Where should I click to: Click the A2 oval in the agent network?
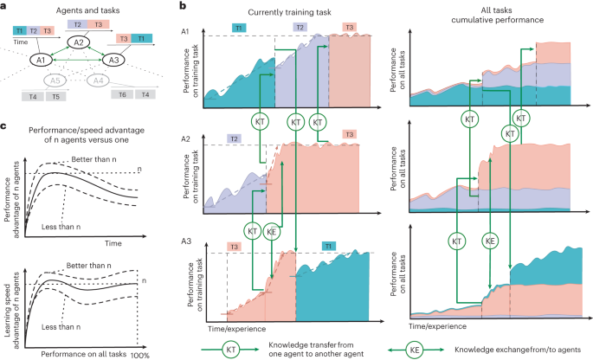pyautogui.click(x=78, y=42)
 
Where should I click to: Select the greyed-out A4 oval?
pyautogui.click(x=98, y=80)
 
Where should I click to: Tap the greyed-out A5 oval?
pyautogui.click(x=55, y=80)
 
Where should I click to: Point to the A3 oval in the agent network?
pyautogui.click(x=113, y=60)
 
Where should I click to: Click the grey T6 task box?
pyautogui.click(x=122, y=94)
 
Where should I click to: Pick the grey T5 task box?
pyautogui.click(x=56, y=96)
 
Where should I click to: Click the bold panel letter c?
pyautogui.click(x=3, y=125)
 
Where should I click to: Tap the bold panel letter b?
pyautogui.click(x=183, y=5)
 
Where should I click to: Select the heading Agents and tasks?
pyautogui.click(x=87, y=10)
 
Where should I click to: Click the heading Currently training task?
pyautogui.click(x=289, y=12)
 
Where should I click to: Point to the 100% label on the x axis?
pyautogui.click(x=140, y=355)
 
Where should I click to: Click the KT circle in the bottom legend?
pyautogui.click(x=230, y=350)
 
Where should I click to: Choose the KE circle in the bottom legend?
pyautogui.click(x=415, y=350)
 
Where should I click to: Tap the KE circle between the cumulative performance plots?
pyautogui.click(x=490, y=241)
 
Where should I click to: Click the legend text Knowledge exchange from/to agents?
pyautogui.click(x=518, y=350)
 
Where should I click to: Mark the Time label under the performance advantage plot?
pyautogui.click(x=113, y=243)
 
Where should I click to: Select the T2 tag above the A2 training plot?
pyautogui.click(x=234, y=138)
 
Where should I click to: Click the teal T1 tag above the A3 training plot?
pyautogui.click(x=328, y=246)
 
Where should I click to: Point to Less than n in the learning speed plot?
pyautogui.click(x=61, y=327)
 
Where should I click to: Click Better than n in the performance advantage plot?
pyautogui.click(x=93, y=159)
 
